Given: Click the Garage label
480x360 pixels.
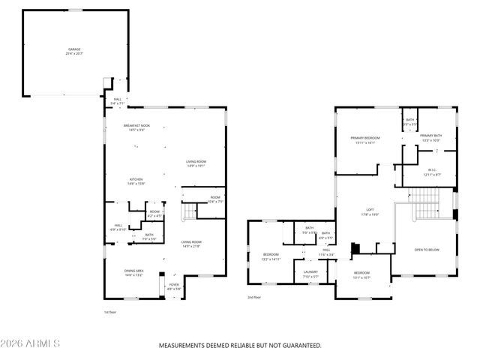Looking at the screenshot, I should (x=75, y=49).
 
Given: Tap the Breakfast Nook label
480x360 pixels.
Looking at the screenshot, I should (x=136, y=125).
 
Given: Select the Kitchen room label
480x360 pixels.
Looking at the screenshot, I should (x=136, y=179).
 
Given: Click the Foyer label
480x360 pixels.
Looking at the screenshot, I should (x=173, y=285).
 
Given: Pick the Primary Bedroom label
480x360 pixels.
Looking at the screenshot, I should (x=365, y=139).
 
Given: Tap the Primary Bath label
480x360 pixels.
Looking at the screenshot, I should (x=430, y=136).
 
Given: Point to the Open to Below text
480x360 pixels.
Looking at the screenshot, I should (x=427, y=249).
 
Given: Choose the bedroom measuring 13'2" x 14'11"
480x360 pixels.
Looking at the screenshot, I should (x=270, y=256).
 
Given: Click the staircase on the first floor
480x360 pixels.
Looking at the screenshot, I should (x=190, y=213).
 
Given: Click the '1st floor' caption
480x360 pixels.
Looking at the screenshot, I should (x=110, y=311).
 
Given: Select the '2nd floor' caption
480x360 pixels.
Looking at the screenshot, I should (x=254, y=297).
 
